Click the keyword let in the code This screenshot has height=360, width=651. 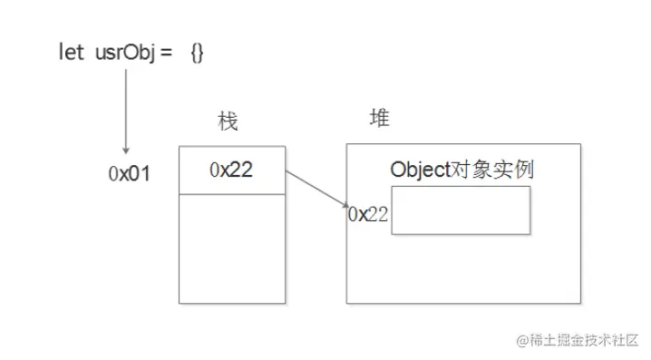71,53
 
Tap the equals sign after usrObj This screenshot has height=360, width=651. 168,54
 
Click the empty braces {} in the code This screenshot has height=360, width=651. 198,53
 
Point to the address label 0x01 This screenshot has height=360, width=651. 129,173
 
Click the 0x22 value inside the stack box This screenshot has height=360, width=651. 231,170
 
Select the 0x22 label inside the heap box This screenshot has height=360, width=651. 368,214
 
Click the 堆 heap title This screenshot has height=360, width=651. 380,119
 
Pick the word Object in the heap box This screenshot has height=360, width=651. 420,170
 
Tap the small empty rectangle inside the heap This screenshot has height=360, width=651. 462,210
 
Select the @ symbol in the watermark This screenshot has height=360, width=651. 523,341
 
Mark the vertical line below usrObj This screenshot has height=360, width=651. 126,109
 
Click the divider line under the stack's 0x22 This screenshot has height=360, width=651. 231,193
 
